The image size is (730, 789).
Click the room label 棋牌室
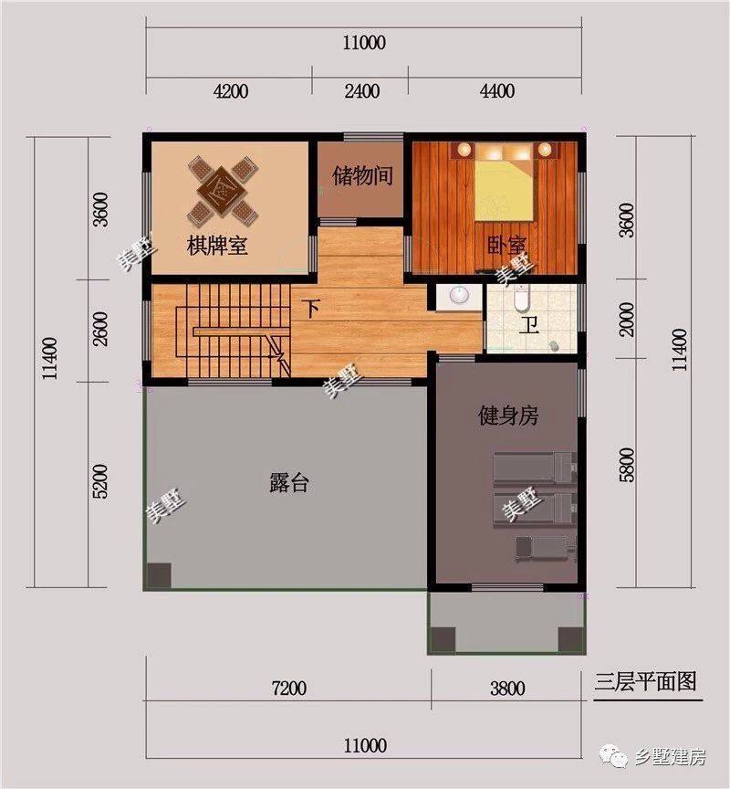tap(218, 247)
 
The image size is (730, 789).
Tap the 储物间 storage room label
tap(362, 175)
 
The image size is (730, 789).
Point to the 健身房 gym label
tap(508, 417)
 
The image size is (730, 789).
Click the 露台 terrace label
tap(288, 483)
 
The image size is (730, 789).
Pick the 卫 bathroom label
tap(528, 327)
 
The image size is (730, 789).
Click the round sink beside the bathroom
tap(458, 296)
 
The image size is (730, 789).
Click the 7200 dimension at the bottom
tap(287, 689)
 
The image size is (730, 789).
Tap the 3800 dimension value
tap(507, 689)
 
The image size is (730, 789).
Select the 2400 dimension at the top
tap(361, 90)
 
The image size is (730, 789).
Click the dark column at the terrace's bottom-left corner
tap(159, 575)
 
